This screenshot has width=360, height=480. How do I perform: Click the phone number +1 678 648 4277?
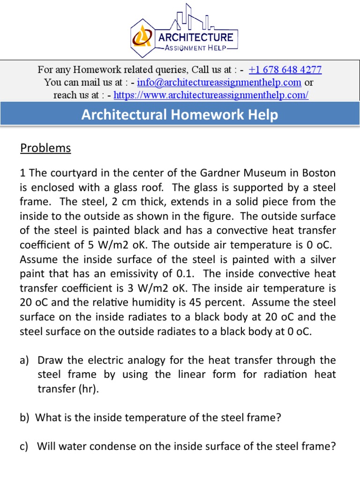coord(285,70)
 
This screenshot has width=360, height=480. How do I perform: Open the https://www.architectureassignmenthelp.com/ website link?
coord(211,95)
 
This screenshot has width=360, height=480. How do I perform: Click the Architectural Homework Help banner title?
coord(180,115)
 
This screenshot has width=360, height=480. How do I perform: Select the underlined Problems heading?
coord(45,149)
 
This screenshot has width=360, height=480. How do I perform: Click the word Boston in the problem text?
coord(318,173)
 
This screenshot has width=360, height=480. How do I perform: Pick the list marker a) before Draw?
coord(25,360)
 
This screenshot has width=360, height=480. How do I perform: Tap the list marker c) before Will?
coord(25,447)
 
